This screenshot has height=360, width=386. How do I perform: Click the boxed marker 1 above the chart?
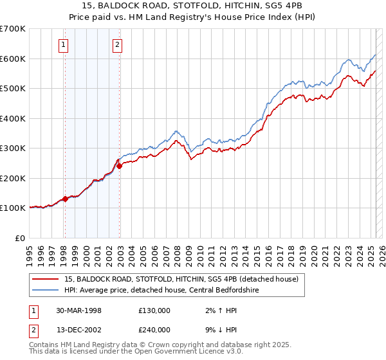[x=64, y=45]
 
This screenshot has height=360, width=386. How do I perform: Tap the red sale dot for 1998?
[x=65, y=199]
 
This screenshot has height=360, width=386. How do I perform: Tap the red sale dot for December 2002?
[x=119, y=166]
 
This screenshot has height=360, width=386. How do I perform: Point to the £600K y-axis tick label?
[x=13, y=59]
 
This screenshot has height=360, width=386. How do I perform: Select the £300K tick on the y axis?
[x=13, y=148]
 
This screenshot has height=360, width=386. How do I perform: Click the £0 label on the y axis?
[x=21, y=238]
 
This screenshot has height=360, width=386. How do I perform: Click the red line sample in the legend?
[x=46, y=280]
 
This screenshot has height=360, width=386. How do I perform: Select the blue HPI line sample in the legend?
[x=46, y=291]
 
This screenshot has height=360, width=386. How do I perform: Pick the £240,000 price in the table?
[x=154, y=329]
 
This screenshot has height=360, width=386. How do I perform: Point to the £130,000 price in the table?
[x=154, y=310]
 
